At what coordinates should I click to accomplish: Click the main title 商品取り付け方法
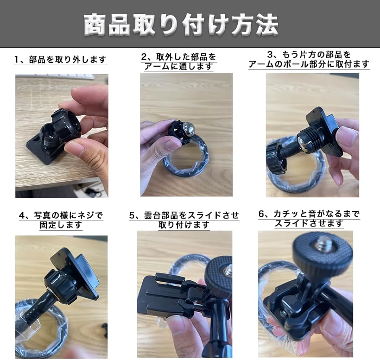coord(181,25)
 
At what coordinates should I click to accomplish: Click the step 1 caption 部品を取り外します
coord(61,60)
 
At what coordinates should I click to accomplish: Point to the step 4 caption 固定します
coord(61,220)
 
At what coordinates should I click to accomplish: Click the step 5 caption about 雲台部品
coord(184,220)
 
